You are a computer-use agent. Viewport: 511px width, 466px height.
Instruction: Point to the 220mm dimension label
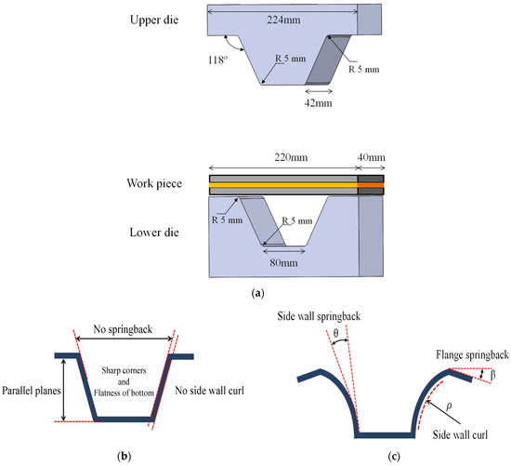click(282, 160)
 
